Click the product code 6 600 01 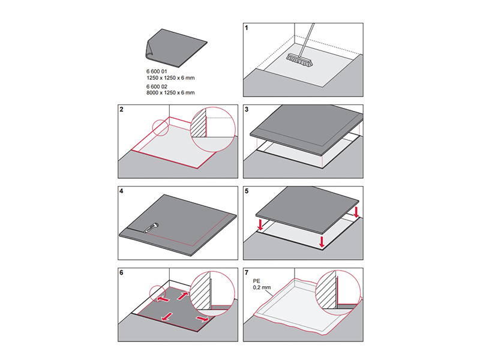pos(157,71)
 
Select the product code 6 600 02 pos(157,86)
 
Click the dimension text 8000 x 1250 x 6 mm pos(171,93)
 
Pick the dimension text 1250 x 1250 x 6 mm pos(171,78)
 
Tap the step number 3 pos(247,110)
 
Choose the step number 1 pos(247,28)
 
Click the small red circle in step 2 pos(161,127)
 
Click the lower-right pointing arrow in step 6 pos(203,320)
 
